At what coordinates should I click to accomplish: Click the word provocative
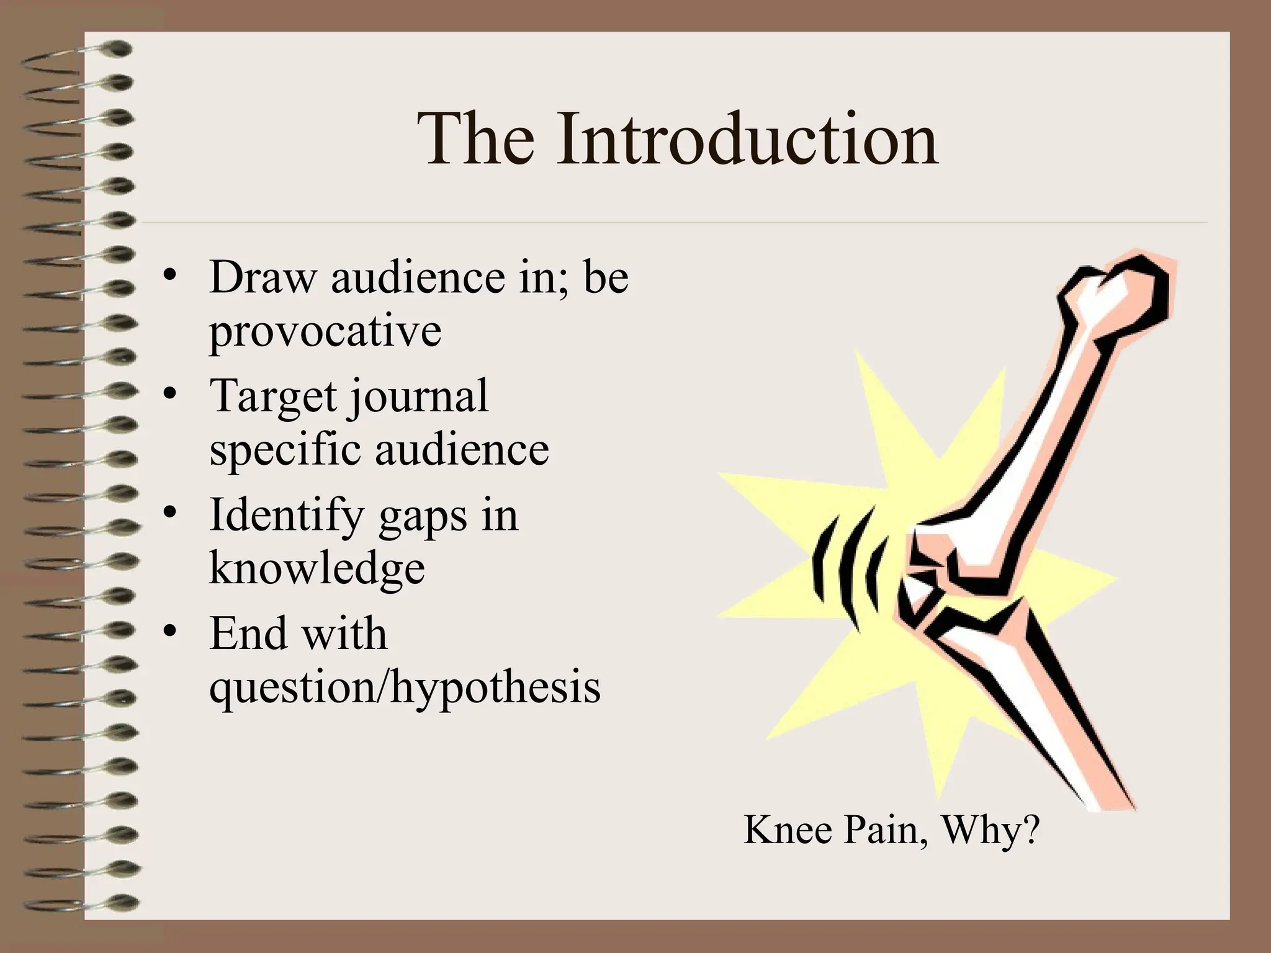[325, 331]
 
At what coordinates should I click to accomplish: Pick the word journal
[418, 396]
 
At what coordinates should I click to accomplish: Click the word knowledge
[317, 568]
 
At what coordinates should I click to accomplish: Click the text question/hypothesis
[405, 687]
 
